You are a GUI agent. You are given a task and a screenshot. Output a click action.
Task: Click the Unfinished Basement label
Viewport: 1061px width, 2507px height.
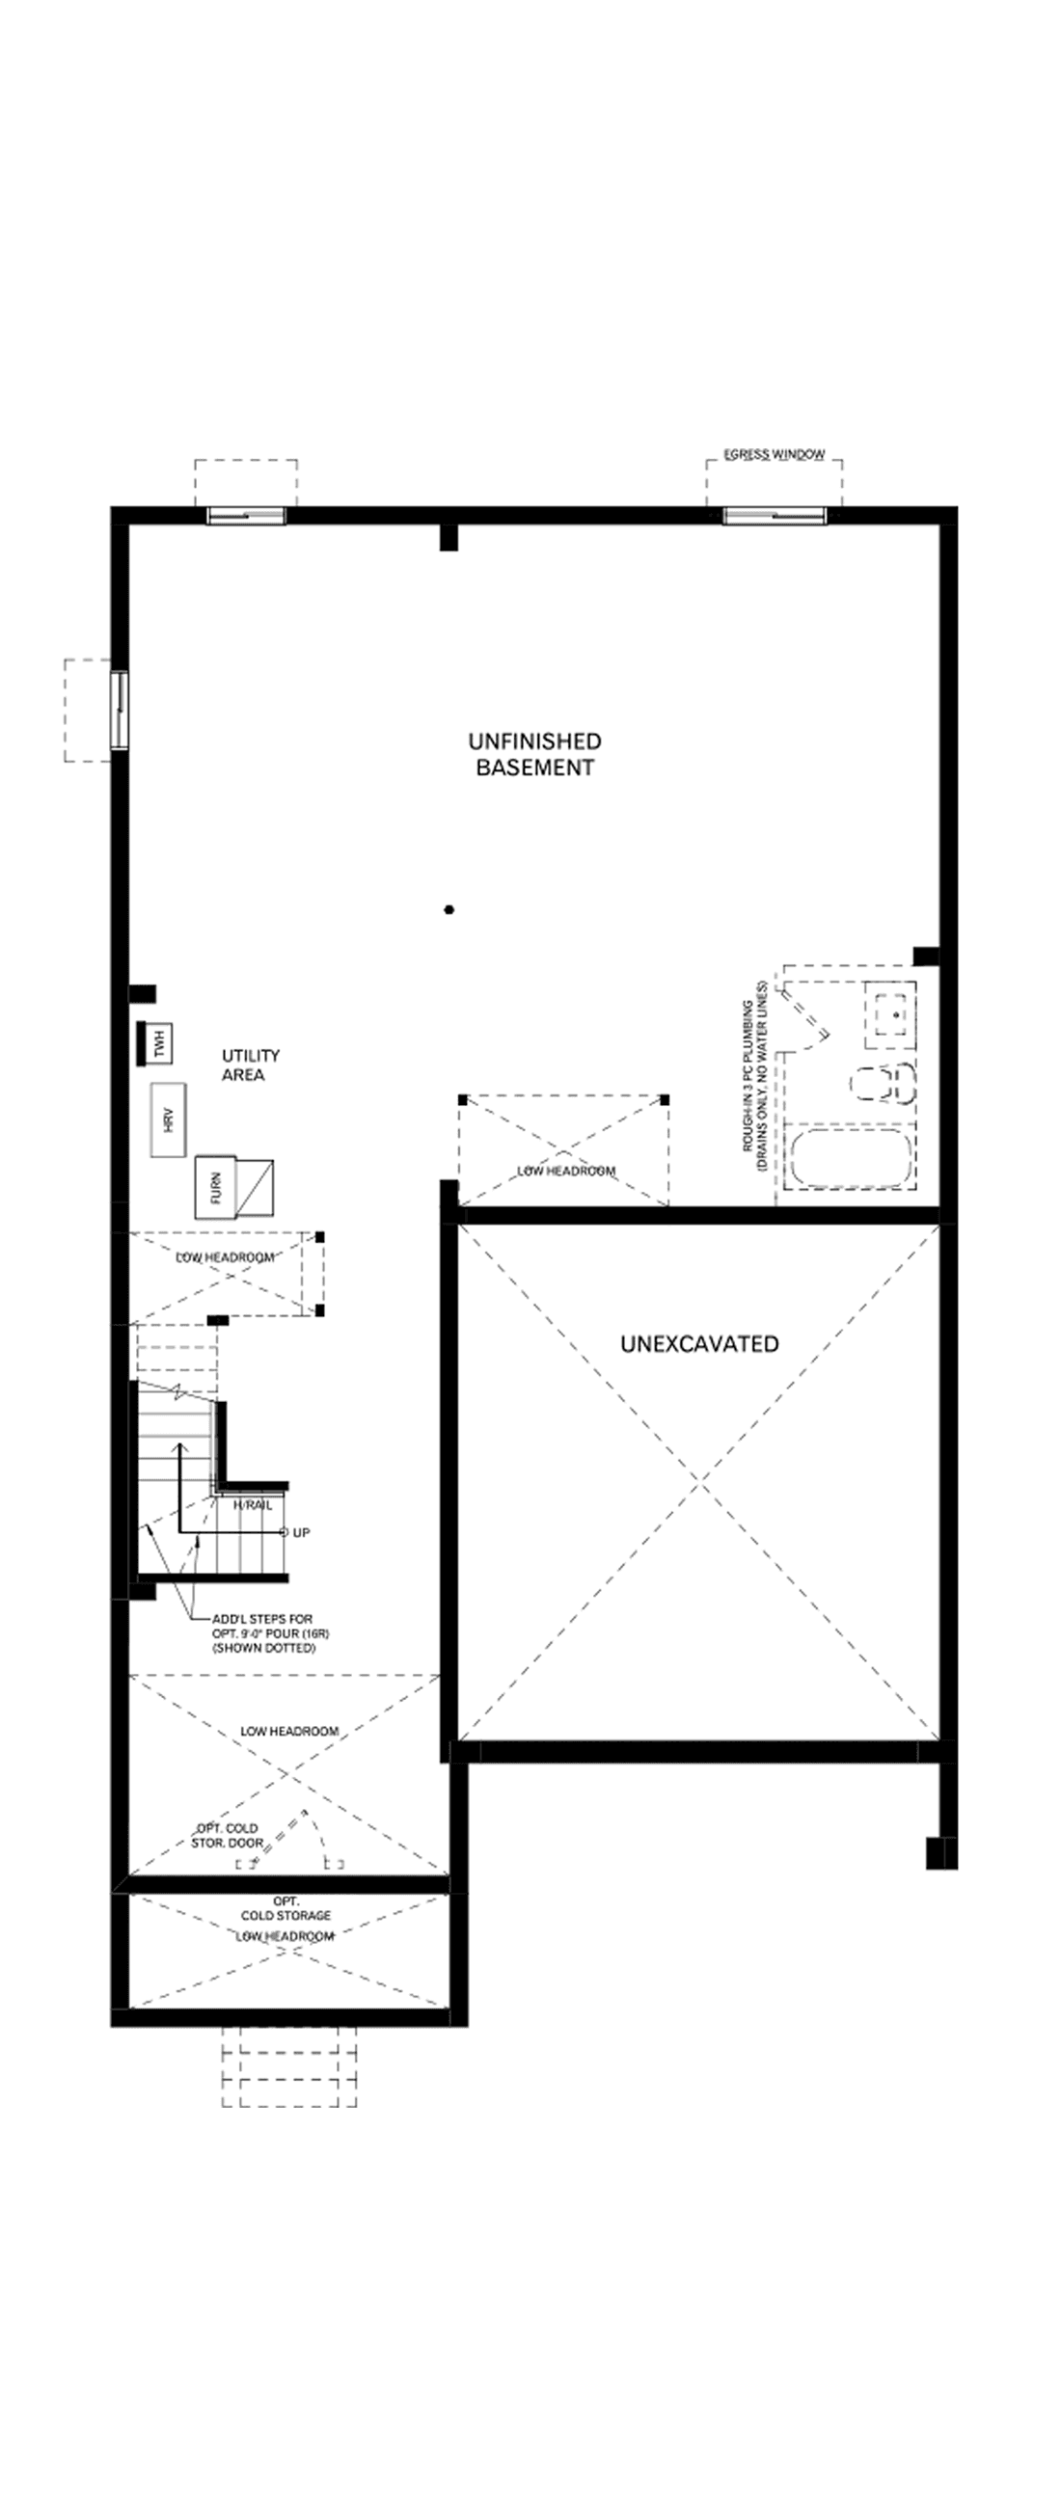(x=534, y=754)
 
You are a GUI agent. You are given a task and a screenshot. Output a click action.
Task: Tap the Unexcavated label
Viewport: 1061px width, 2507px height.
(x=699, y=1344)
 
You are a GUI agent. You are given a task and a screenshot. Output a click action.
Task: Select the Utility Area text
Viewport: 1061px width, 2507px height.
(x=250, y=1065)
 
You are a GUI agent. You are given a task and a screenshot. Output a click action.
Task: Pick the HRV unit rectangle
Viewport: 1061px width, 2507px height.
(x=169, y=1119)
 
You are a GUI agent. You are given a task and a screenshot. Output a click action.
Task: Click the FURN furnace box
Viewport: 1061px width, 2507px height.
(x=216, y=1186)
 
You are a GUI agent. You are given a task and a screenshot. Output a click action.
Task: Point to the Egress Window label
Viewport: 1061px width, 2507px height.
(x=774, y=454)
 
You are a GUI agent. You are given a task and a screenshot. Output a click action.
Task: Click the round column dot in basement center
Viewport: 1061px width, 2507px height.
(x=449, y=910)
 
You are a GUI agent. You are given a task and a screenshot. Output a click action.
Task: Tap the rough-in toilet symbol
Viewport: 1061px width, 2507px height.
(x=884, y=1082)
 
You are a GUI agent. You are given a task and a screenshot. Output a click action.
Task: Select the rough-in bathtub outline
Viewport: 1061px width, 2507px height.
(x=850, y=1158)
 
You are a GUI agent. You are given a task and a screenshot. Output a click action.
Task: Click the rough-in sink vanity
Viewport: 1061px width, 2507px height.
(x=890, y=1013)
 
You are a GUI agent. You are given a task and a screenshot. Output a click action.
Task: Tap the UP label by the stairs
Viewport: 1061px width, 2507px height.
(x=301, y=1533)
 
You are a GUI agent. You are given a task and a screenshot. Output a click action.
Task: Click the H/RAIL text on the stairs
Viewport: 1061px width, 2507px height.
(x=253, y=1504)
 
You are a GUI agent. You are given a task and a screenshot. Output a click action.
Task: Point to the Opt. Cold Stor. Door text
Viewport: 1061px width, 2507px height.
(x=228, y=1836)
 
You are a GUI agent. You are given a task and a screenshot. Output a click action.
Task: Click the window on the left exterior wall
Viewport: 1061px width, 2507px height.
(x=119, y=710)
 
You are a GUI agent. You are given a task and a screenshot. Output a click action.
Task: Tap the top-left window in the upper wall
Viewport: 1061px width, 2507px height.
(x=246, y=516)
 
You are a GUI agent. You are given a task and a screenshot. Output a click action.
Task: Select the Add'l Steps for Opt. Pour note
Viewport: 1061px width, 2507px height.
(x=263, y=1634)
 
